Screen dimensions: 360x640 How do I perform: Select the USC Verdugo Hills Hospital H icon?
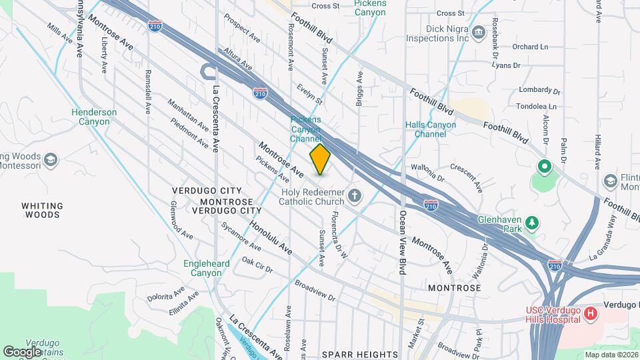click(589, 313)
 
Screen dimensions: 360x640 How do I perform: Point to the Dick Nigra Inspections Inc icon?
click(478, 33)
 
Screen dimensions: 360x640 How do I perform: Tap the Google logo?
click(22, 351)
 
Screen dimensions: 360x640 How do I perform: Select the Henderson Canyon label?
click(94, 117)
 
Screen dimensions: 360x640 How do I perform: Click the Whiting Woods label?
click(42, 210)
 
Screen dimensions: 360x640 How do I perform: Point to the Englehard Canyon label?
click(207, 268)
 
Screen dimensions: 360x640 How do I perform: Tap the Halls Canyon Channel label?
click(431, 129)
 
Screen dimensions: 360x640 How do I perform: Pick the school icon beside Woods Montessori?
click(51, 160)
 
